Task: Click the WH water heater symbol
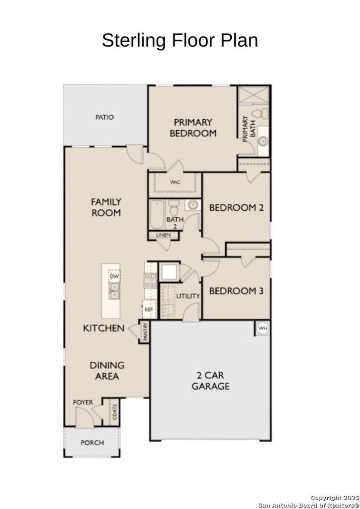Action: click(263, 328)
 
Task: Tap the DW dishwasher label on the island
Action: click(114, 276)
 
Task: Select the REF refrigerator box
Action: click(149, 309)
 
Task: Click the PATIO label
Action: click(104, 117)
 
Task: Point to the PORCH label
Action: click(92, 442)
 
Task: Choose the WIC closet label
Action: click(175, 182)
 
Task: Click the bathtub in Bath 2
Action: click(157, 215)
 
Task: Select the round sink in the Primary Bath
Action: click(263, 141)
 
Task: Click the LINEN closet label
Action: click(163, 235)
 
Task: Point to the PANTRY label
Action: click(145, 332)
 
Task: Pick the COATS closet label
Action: click(114, 412)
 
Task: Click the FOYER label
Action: click(83, 402)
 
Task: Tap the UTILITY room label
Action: click(188, 296)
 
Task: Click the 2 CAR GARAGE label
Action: click(210, 380)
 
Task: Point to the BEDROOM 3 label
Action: click(236, 291)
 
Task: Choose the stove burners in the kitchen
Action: click(150, 280)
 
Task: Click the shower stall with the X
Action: click(254, 94)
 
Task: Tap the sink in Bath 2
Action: click(193, 205)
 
